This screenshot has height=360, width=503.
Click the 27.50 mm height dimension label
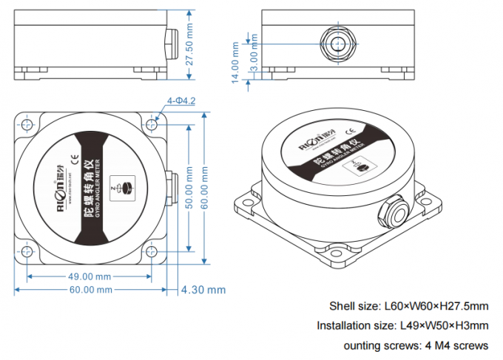pos(189,44)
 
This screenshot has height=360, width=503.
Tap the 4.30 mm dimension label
pos(203,291)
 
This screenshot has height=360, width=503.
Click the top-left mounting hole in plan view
pos(27,123)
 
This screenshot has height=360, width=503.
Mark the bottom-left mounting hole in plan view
pos(27,252)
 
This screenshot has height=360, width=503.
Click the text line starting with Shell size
pos(408,306)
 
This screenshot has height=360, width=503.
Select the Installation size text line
pos(402,325)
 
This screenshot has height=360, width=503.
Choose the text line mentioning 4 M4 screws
pos(416,345)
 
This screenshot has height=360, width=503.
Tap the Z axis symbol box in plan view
pos(123,187)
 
